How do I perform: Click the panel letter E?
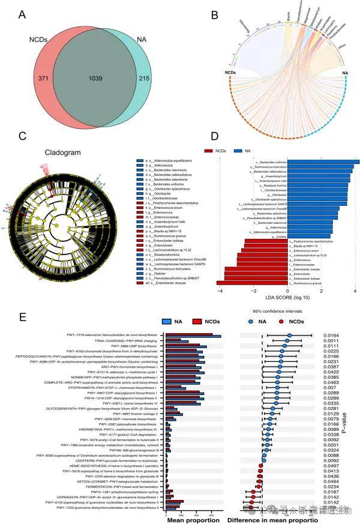22,316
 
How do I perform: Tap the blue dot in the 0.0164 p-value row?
289,336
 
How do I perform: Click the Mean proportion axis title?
194,520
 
